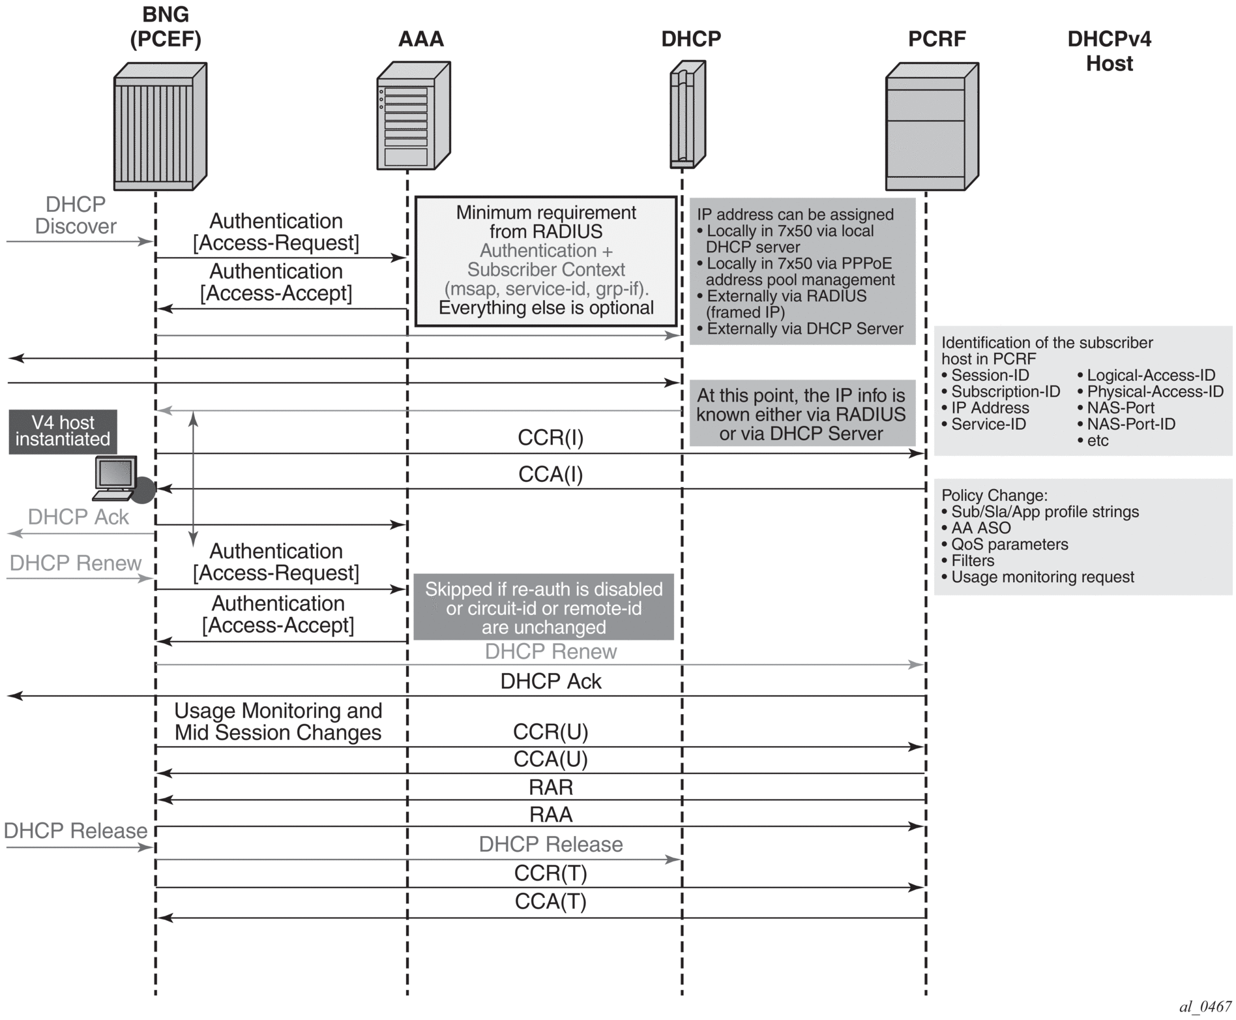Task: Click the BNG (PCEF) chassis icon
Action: pyautogui.click(x=160, y=126)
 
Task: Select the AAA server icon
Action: pyautogui.click(x=413, y=115)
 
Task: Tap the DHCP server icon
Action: pyautogui.click(x=687, y=114)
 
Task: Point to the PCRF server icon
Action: pyautogui.click(x=932, y=126)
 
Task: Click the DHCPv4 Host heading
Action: pyautogui.click(x=1109, y=51)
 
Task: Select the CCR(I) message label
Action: pyautogui.click(x=550, y=438)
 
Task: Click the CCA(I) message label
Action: pyautogui.click(x=550, y=474)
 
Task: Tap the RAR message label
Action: pyautogui.click(x=550, y=787)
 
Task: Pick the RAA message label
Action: pyautogui.click(x=550, y=815)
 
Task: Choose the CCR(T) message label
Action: pyautogui.click(x=550, y=873)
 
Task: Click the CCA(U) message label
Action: pyautogui.click(x=550, y=759)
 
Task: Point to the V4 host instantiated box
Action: pyautogui.click(x=63, y=431)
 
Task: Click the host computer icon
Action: pyautogui.click(x=117, y=478)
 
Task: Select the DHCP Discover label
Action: pyautogui.click(x=76, y=215)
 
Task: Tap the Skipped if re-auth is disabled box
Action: pyautogui.click(x=543, y=607)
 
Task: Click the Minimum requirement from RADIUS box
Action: pyautogui.click(x=546, y=260)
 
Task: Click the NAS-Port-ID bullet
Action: pyautogui.click(x=1130, y=424)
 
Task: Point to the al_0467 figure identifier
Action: pyautogui.click(x=1205, y=1006)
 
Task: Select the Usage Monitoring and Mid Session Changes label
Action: pyautogui.click(x=278, y=721)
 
